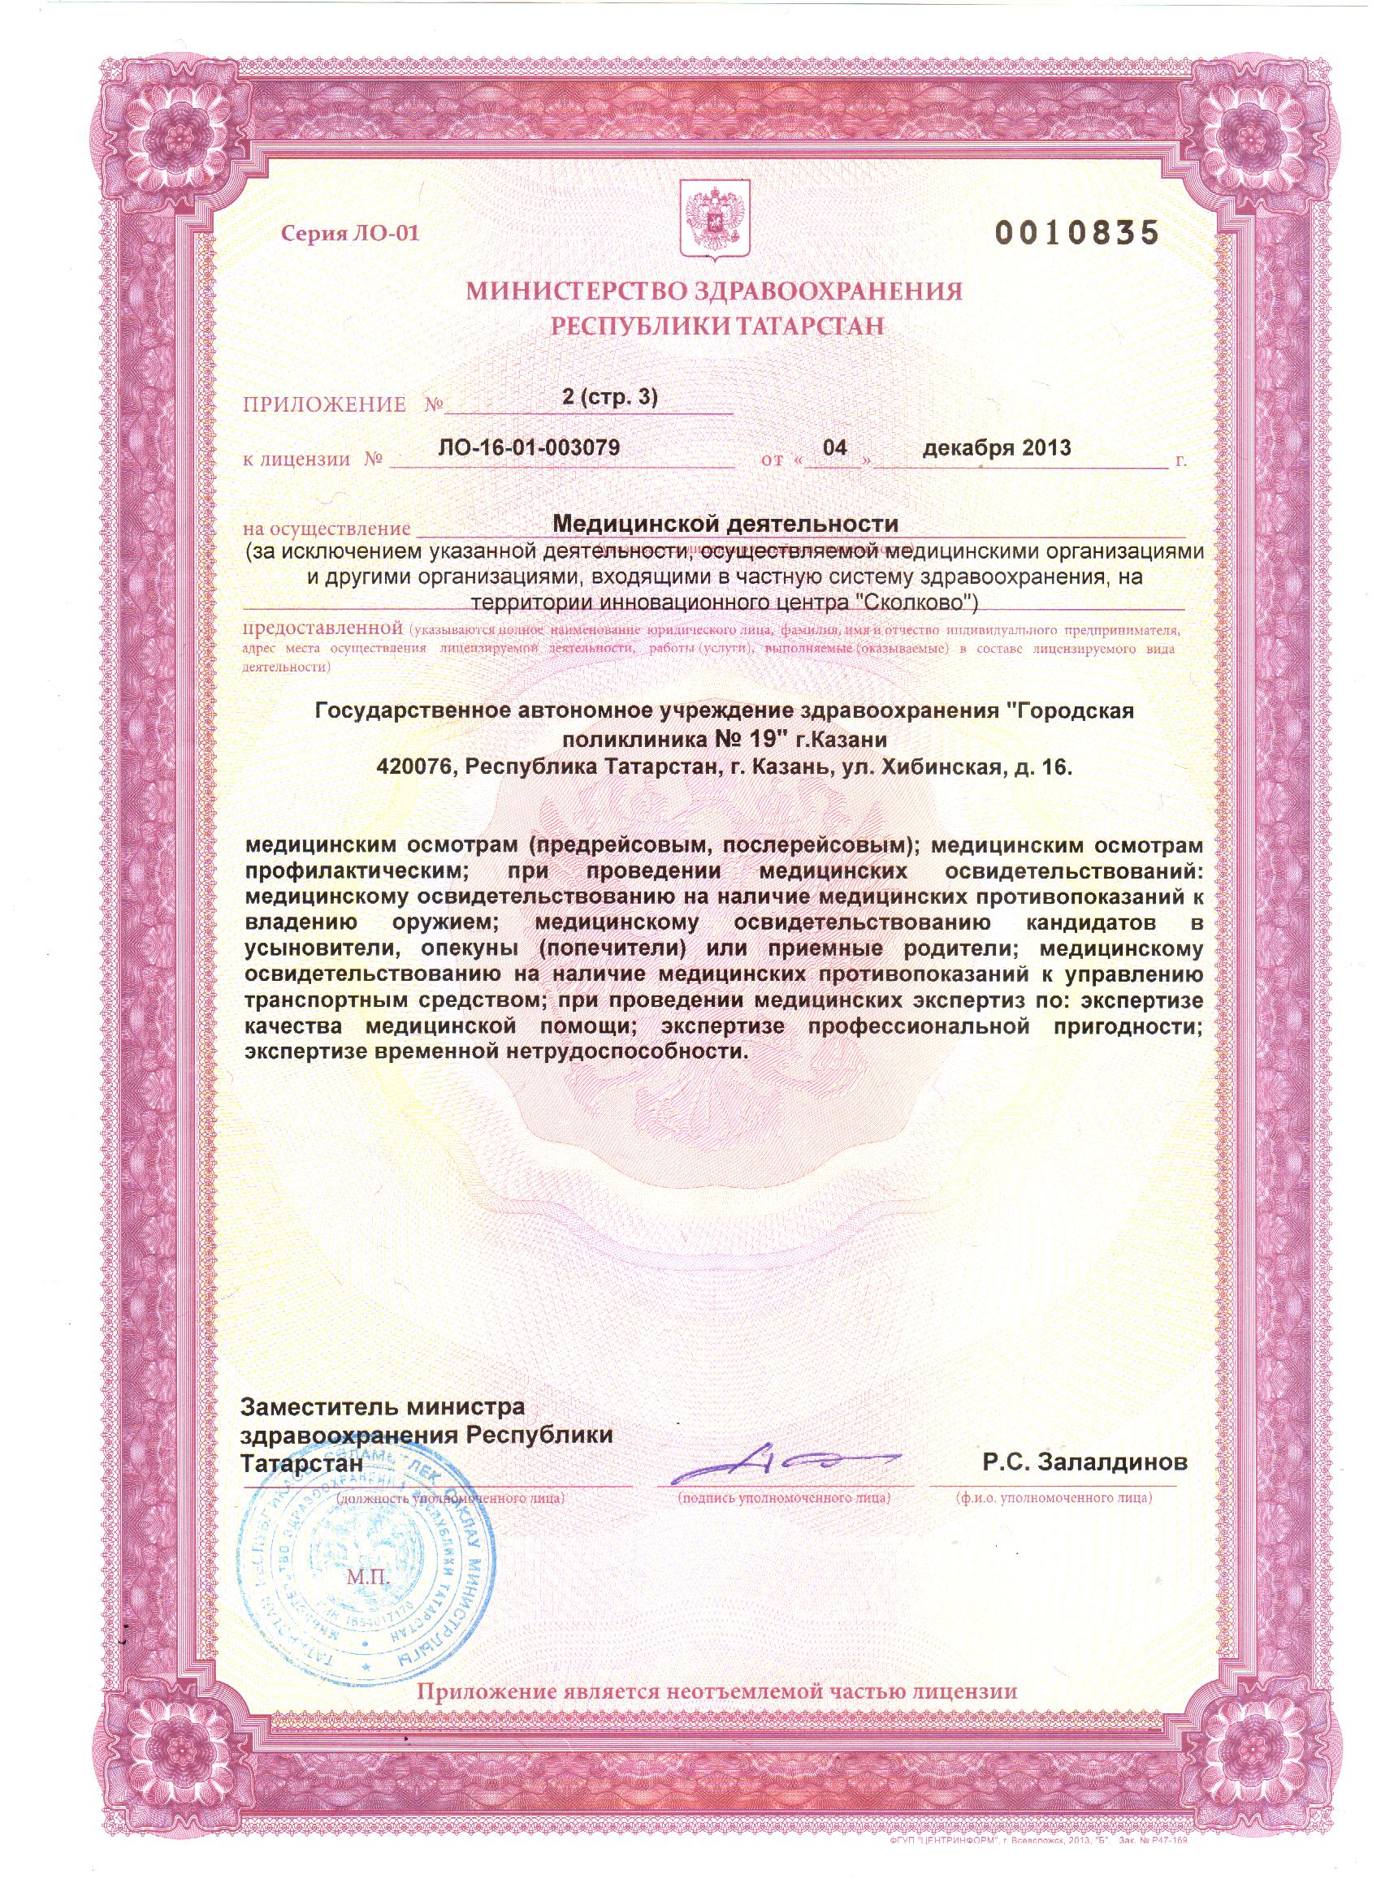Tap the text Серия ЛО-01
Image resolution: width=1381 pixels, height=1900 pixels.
[x=349, y=234]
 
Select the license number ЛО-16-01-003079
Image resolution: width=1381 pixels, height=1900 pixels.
[x=529, y=447]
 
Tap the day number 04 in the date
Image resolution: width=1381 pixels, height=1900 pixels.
[x=834, y=447]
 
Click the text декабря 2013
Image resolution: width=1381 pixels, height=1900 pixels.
[x=997, y=447]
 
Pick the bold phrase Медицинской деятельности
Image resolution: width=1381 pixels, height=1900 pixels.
[x=725, y=525]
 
